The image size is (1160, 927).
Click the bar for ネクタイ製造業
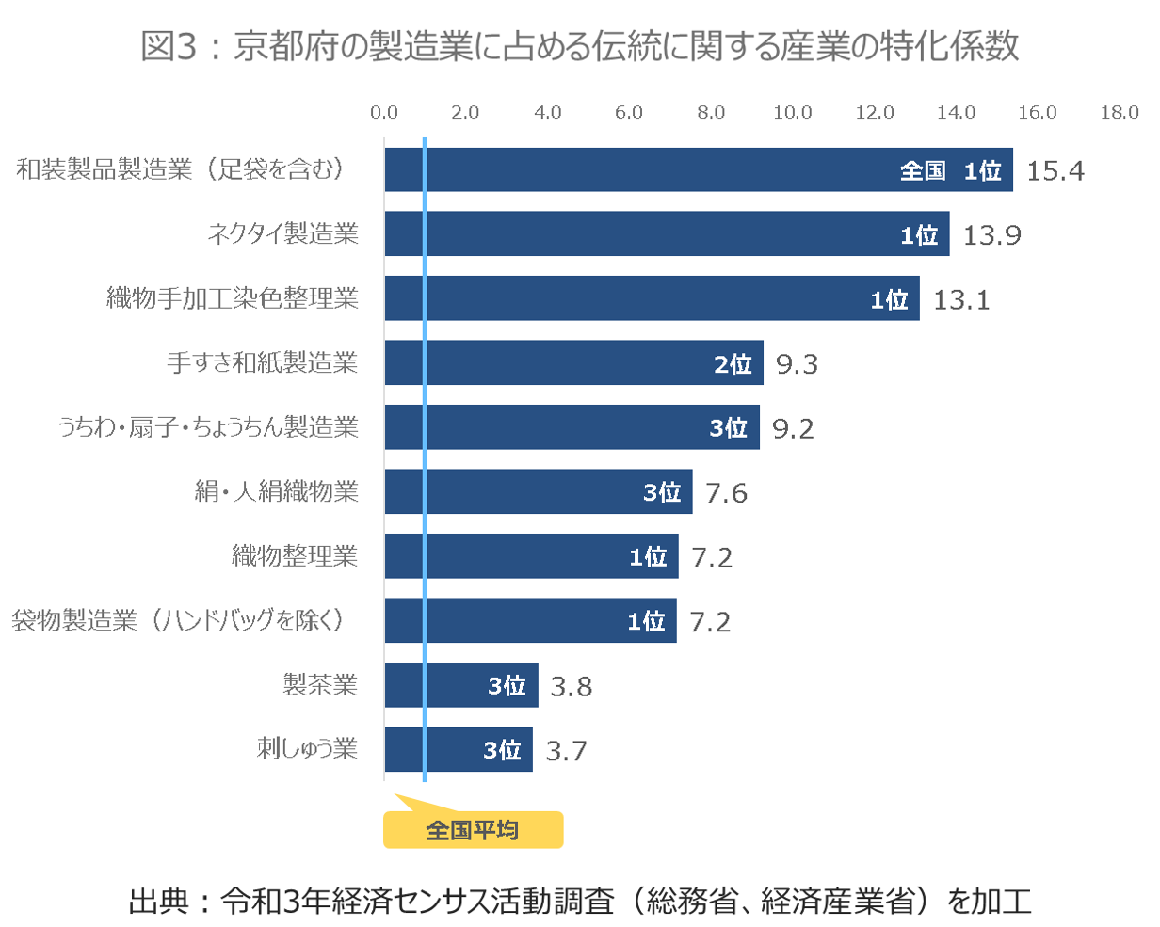667,233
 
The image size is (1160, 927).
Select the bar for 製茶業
461,685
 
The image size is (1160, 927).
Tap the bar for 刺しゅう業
459,749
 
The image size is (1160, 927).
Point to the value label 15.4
1055,170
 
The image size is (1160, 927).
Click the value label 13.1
961,299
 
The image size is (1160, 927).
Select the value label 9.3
797,363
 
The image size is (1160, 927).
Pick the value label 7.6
726,492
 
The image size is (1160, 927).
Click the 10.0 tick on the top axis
793,113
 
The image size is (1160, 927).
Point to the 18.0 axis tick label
1119,113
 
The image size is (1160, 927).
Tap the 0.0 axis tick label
384,113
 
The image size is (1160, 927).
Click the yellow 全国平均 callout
473,830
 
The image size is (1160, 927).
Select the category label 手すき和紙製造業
263,362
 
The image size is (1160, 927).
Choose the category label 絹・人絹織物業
277,491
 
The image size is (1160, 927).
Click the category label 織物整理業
295,555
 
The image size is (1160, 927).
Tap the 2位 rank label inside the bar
733,363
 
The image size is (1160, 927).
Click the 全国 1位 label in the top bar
950,170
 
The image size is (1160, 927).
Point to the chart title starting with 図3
580,46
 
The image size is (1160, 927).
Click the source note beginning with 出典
580,901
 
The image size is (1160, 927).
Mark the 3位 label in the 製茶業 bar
507,686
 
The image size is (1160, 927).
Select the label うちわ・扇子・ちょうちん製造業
208,427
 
